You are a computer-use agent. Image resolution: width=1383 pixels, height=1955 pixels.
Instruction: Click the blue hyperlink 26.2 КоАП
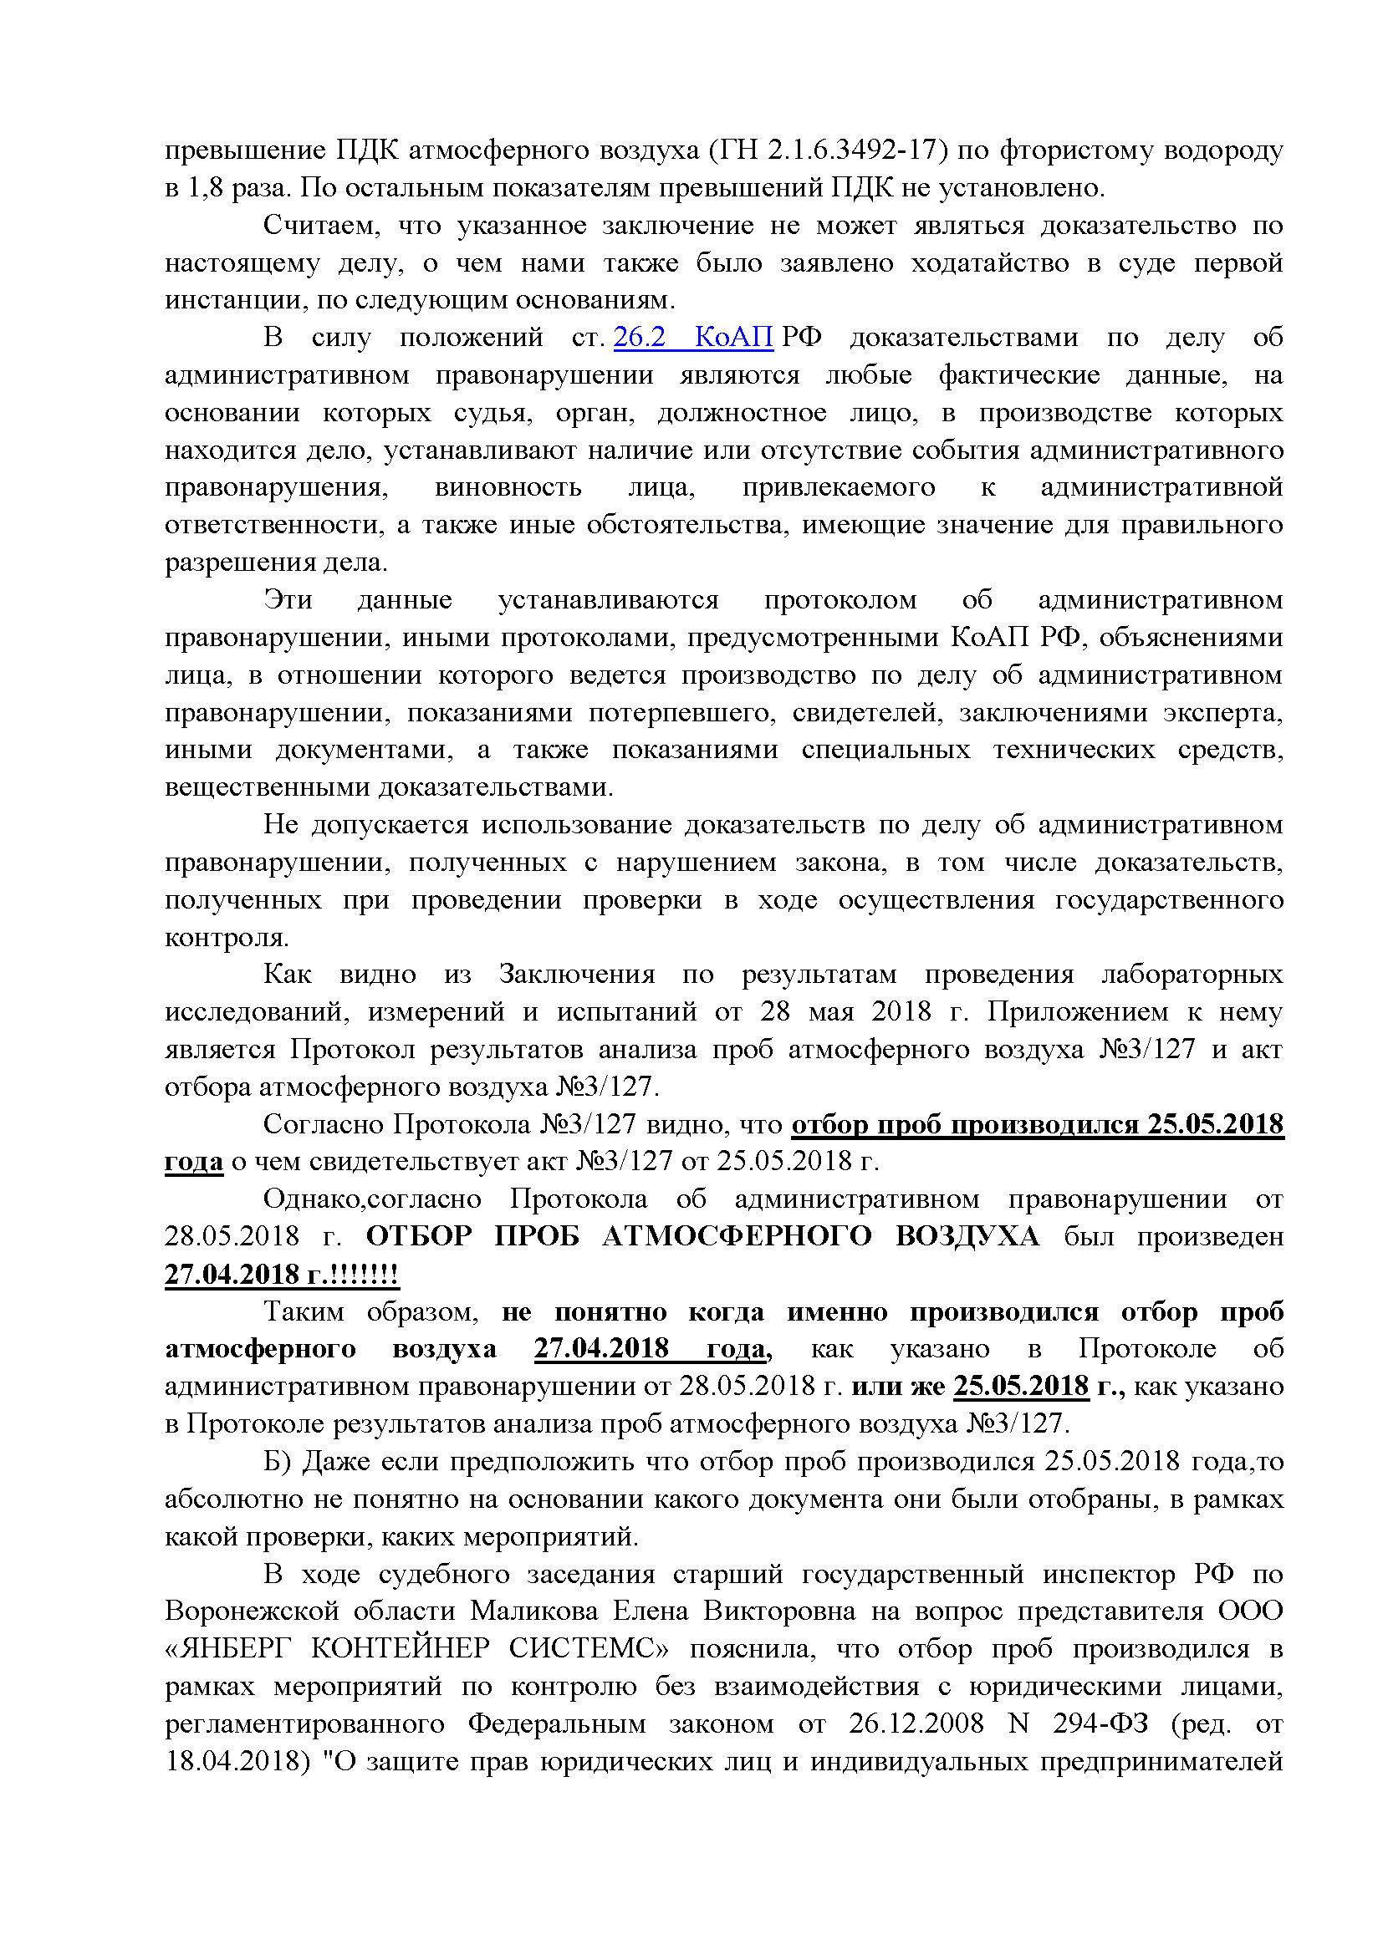[x=692, y=337]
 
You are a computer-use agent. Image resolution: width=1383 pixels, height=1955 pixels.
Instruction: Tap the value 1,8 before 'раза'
[x=204, y=187]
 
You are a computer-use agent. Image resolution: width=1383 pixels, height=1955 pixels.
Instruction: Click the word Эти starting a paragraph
[x=288, y=599]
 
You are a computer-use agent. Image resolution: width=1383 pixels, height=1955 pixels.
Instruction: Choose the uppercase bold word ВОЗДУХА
[x=967, y=1236]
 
